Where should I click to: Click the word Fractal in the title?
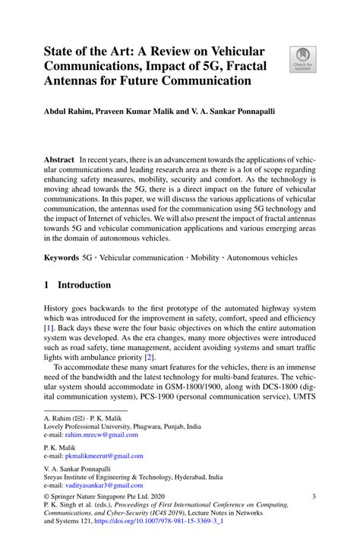pos(235,66)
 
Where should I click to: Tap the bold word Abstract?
pos(59,161)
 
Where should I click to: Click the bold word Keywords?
pos(62,257)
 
